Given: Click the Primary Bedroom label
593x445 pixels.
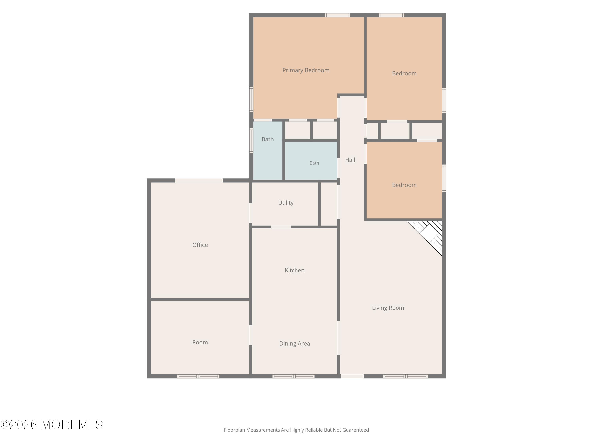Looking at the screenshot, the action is pos(306,70).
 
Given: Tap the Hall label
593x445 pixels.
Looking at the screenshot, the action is pos(350,160).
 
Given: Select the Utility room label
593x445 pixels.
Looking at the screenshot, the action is pos(286,203).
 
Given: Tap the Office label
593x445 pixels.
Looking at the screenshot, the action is pos(200,245).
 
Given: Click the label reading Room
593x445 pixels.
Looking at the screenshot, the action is pos(200,342).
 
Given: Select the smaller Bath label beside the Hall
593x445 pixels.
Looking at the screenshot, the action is pos(314,163).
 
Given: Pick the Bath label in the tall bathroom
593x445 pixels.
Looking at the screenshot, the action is pos(268,139).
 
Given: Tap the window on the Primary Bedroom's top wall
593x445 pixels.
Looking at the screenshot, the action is pos(337,15).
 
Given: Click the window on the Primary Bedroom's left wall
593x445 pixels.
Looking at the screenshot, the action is pos(251,99).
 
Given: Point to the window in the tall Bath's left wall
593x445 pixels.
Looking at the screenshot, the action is pos(251,141).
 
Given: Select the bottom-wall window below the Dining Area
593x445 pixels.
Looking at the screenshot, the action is pos(293,376).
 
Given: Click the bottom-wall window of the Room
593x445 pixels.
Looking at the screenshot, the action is pos(198,376).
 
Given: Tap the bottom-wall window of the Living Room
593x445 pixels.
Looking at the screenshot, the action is pos(405,376).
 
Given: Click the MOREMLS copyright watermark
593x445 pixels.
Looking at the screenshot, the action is pos(51,425).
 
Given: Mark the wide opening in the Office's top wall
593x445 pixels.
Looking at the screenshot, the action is pos(199,181).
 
